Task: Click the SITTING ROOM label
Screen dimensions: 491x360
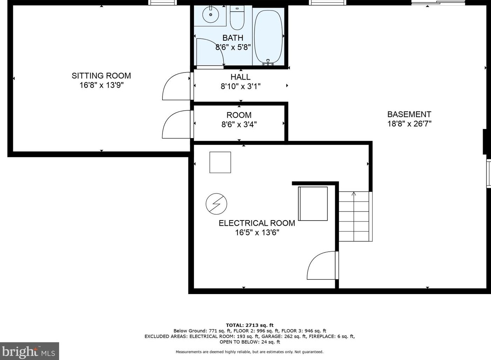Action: coord(101,76)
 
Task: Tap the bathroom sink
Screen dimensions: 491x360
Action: coord(210,14)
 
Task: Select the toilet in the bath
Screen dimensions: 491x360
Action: coord(237,18)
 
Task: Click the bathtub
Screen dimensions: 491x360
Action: coord(268,36)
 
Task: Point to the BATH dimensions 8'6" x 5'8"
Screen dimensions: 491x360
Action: coord(233,47)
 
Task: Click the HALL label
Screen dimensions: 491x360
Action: coord(241,77)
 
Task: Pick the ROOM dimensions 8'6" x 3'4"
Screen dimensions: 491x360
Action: coord(239,124)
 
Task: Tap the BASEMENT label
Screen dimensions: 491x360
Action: coord(409,114)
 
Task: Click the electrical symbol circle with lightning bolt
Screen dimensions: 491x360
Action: coord(216,204)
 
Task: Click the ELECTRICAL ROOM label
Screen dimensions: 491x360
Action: coord(257,223)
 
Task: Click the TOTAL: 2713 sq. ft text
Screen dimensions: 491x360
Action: coord(250,325)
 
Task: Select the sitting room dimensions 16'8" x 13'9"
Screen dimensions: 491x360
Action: coord(102,85)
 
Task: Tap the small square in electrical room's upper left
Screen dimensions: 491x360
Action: coord(220,162)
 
